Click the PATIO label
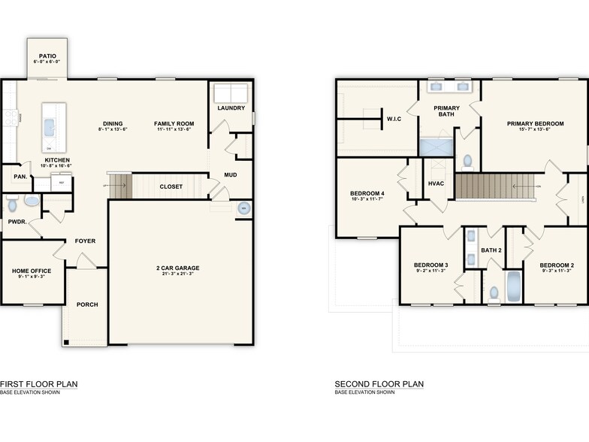[x=47, y=56]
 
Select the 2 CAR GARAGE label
[x=177, y=268]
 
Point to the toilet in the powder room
[x=12, y=204]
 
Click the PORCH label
[x=87, y=304]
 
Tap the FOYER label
[x=85, y=241]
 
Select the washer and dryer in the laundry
[x=231, y=94]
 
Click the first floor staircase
[x=119, y=186]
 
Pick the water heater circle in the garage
[x=243, y=208]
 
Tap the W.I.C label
[x=394, y=118]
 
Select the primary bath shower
[x=436, y=147]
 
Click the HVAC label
[x=436, y=183]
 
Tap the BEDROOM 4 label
[x=367, y=193]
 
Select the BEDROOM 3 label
[x=430, y=265]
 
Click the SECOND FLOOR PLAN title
[x=379, y=384]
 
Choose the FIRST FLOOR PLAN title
[x=38, y=384]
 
